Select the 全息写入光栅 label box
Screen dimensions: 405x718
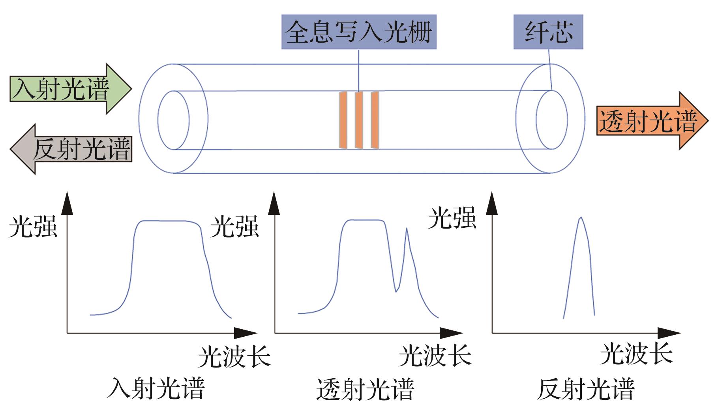[x=358, y=32]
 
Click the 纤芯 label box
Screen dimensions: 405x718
[x=548, y=32]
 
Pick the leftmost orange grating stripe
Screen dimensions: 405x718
[x=343, y=120]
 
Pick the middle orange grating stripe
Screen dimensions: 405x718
[x=359, y=120]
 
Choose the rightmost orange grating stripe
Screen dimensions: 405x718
[x=375, y=120]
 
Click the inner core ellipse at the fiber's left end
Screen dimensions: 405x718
[x=173, y=120]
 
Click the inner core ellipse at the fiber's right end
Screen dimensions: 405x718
[x=551, y=120]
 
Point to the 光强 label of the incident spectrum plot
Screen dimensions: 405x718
[x=33, y=226]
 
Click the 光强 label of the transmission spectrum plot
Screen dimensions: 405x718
[x=234, y=226]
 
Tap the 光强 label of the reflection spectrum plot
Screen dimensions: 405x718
[x=452, y=217]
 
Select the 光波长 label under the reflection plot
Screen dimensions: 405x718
[x=636, y=354]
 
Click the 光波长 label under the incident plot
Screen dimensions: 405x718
[x=234, y=356]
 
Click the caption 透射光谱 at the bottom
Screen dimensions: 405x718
[x=365, y=389]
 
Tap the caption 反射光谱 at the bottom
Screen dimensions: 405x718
[x=586, y=389]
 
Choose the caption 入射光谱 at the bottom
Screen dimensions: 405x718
[x=156, y=389]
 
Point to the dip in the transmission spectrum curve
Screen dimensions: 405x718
[x=396, y=291]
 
